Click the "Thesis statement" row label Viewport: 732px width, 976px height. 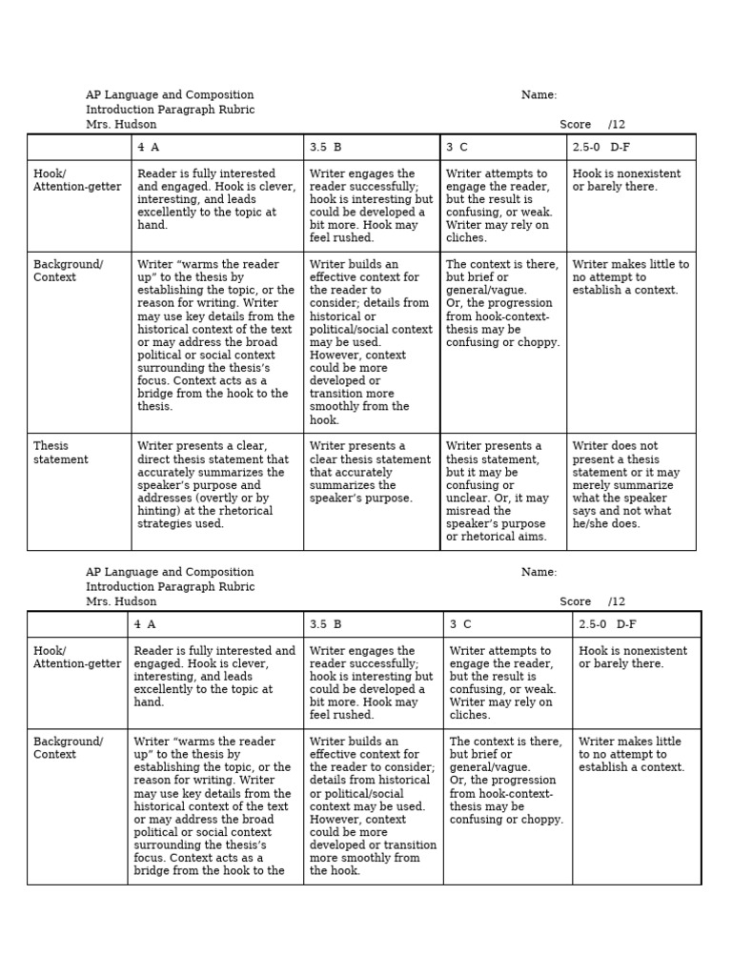coord(61,453)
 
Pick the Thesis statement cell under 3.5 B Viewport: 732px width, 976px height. coord(370,472)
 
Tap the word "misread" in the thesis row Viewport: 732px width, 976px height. coord(469,511)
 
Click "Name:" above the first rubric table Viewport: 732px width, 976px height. coord(539,95)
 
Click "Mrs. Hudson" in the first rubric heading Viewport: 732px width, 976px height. coord(121,125)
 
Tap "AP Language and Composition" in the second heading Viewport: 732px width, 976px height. coord(170,572)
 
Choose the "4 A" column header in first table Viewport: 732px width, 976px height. coord(148,148)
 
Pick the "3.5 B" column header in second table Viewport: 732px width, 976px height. coord(325,624)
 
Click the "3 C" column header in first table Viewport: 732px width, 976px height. coord(457,148)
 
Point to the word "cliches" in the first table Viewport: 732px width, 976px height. coord(466,238)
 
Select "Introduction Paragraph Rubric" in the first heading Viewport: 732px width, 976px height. coord(170,110)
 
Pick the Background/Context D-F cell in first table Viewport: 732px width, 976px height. coord(630,277)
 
